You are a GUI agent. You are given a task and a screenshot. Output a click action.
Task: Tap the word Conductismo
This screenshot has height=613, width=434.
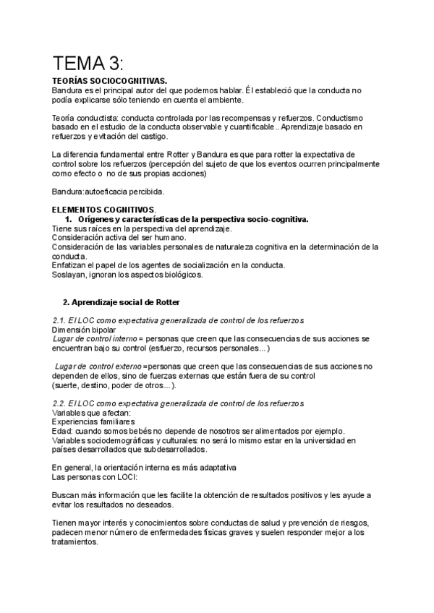tap(340, 118)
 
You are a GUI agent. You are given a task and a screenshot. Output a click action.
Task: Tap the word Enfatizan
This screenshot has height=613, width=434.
tap(71, 265)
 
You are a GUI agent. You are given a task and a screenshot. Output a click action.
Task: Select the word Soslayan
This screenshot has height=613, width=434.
tap(70, 274)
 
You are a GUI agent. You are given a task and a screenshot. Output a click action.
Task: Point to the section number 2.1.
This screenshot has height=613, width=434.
tap(61, 320)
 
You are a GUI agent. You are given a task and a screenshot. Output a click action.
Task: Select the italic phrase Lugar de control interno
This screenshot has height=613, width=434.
tap(98, 338)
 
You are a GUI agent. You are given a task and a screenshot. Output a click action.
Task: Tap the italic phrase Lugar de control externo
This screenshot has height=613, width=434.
tap(99, 366)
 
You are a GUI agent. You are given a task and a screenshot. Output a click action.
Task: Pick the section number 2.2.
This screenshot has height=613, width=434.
tap(61, 403)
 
